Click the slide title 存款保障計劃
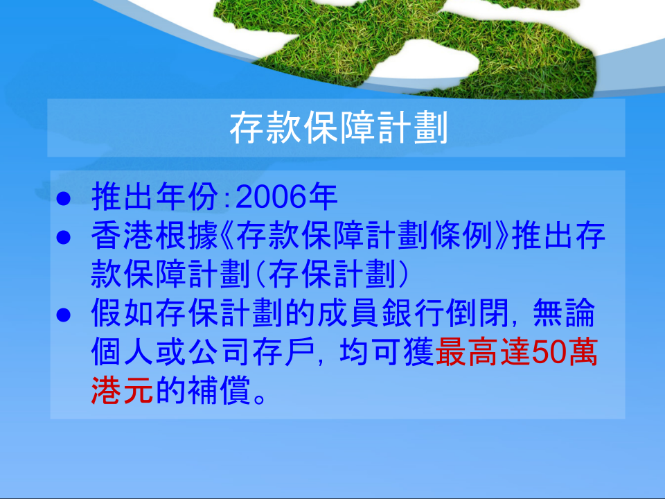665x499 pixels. tap(339, 128)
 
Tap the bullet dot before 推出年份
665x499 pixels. tap(63, 199)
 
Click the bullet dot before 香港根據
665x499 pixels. tap(63, 237)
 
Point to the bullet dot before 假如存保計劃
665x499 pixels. tap(63, 315)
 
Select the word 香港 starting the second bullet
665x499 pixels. tap(123, 236)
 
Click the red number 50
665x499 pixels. tap(549, 352)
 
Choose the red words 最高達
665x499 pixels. tap(483, 352)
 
